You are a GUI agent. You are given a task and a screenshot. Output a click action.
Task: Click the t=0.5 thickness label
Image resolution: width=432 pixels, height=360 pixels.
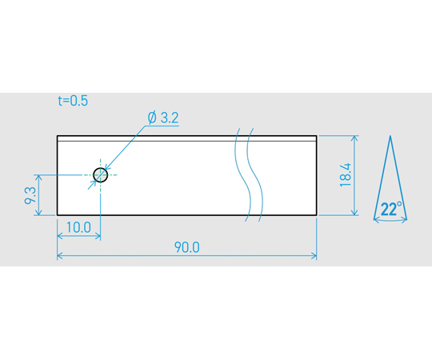73,101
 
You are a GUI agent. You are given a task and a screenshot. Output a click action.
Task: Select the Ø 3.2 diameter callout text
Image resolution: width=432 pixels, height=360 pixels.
163,118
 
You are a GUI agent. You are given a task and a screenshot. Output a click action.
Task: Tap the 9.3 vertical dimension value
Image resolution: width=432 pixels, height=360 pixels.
30,195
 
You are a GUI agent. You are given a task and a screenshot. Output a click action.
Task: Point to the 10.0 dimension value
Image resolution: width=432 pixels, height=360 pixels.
78,227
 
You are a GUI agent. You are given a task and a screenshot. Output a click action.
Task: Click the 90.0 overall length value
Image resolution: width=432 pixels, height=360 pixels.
186,247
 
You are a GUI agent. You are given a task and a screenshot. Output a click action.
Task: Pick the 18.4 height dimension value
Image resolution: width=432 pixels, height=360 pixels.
346,175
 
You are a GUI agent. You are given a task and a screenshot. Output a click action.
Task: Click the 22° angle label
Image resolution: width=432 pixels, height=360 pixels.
391,209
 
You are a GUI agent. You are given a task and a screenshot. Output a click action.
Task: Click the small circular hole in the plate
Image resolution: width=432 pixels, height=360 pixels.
100,175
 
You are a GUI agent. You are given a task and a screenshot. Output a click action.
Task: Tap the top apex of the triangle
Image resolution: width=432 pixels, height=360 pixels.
390,136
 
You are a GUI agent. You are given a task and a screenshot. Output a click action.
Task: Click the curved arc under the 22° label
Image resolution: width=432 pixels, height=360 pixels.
390,221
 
